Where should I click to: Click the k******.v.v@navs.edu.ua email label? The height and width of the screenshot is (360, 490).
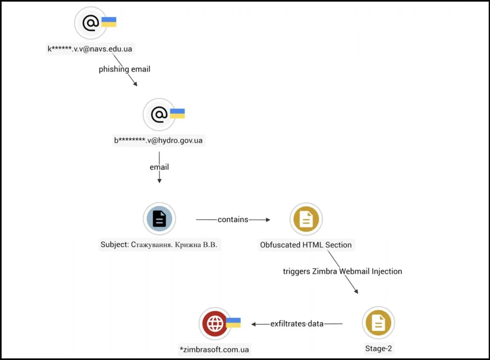[89, 49]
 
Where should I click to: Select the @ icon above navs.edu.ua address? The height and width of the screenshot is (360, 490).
[90, 22]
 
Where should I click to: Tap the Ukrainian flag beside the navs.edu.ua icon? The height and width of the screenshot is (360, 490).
[109, 22]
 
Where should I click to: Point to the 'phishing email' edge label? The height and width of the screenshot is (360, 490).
[124, 69]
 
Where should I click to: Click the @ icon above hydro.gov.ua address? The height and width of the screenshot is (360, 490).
[159, 114]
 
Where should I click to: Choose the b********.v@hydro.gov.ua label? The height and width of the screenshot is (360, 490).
[158, 141]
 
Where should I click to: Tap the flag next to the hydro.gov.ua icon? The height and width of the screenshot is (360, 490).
[177, 114]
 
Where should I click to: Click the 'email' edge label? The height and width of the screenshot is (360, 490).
[159, 167]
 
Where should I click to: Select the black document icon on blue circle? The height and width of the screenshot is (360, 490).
[159, 219]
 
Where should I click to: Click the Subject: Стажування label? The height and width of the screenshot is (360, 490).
[159, 245]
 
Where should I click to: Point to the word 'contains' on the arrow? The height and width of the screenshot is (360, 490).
[233, 219]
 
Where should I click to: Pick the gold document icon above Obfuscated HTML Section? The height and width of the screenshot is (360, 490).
[306, 219]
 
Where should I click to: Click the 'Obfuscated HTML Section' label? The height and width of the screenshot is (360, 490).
[306, 245]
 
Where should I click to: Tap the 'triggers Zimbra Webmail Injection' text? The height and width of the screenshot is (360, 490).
[342, 271]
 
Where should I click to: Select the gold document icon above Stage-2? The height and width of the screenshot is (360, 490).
[378, 323]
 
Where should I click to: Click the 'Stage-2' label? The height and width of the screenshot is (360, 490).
[378, 349]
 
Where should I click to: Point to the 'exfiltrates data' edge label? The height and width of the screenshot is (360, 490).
[297, 324]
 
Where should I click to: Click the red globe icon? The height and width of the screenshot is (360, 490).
[215, 324]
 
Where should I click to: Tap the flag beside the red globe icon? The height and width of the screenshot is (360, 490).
[233, 323]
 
